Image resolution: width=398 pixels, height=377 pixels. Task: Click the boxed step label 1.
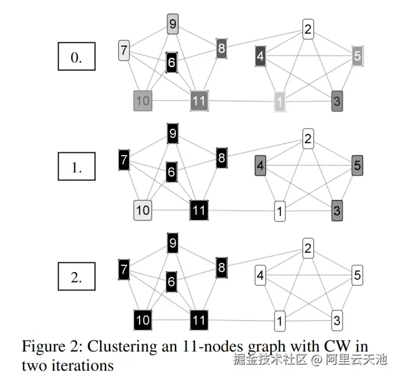coord(76,168)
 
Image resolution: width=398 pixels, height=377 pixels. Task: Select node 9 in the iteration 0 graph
coord(173,24)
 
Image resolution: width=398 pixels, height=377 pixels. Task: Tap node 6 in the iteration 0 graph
coord(171,62)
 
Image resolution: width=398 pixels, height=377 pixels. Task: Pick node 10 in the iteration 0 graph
coord(143,101)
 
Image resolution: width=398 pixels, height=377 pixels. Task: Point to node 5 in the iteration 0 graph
coord(357,57)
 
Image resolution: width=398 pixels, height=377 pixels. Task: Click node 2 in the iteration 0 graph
coord(308,29)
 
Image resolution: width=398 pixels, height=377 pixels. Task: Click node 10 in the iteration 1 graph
coord(143,210)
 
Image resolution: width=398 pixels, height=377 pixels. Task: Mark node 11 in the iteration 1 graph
coord(199,210)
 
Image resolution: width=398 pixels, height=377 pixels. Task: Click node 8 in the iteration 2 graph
coord(221,268)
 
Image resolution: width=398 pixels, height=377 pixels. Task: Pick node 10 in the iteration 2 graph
coord(143,320)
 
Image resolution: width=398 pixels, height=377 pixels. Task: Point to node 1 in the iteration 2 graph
coord(280,320)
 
